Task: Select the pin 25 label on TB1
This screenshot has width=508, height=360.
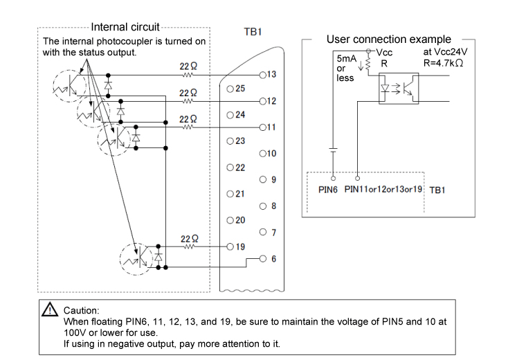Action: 239,89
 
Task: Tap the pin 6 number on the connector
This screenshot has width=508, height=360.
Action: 273,259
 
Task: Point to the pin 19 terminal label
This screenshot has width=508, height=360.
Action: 239,246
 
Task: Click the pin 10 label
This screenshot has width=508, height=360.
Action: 271,153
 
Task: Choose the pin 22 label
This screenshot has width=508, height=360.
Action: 239,168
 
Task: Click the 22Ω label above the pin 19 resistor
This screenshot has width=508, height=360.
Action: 189,238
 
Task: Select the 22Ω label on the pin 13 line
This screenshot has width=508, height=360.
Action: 189,66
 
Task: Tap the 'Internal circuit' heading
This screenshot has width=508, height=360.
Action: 125,28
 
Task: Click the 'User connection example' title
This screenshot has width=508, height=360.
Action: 388,39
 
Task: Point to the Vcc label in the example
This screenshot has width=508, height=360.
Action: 384,53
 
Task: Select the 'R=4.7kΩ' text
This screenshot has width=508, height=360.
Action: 442,62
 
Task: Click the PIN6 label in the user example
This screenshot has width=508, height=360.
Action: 327,188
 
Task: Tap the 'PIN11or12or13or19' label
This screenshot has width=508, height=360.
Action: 383,188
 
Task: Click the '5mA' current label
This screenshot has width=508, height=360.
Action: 346,60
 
